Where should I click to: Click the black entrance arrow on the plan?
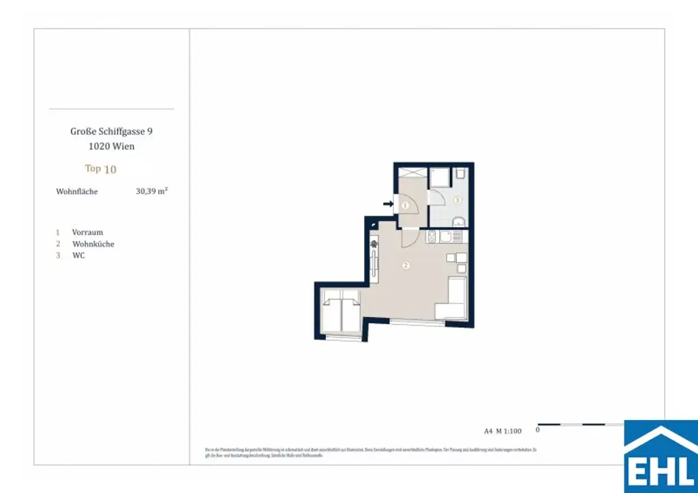pos(388,203)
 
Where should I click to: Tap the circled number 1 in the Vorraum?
pos(404,205)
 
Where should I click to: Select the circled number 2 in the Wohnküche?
pos(406,266)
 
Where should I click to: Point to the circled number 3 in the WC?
pos(457,200)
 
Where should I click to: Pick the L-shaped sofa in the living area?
pos(451,300)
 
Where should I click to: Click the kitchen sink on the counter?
pos(446,237)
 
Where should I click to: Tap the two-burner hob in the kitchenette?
pos(431,237)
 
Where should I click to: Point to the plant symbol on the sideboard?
pos(374,243)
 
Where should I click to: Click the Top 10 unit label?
pos(100,168)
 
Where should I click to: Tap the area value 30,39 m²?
pos(151,192)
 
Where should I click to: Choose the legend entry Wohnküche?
pos(93,243)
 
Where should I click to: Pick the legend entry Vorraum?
pos(87,232)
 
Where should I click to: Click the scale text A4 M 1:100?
pos(502,430)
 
